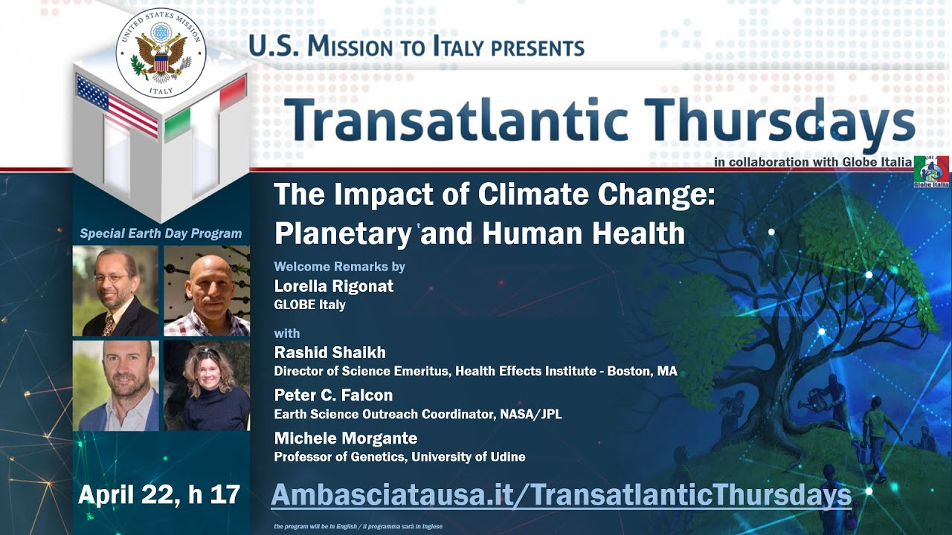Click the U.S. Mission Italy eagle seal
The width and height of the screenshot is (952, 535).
click(x=161, y=53)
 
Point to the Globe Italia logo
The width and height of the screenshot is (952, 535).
click(x=930, y=172)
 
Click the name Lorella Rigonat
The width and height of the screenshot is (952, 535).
click(x=333, y=286)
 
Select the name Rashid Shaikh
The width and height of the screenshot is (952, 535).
click(x=329, y=352)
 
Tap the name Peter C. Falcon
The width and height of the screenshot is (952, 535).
click(x=332, y=395)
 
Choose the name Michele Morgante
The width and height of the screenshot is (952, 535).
click(x=345, y=438)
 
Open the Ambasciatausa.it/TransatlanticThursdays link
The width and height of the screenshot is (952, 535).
click(x=561, y=495)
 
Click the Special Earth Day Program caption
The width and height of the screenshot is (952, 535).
click(x=161, y=233)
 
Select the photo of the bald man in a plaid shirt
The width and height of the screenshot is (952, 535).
click(x=206, y=291)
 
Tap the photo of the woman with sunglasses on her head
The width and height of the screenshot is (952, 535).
click(x=206, y=386)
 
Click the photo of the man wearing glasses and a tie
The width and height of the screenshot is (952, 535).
click(x=115, y=291)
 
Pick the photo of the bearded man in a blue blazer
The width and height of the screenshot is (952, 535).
click(x=115, y=386)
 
